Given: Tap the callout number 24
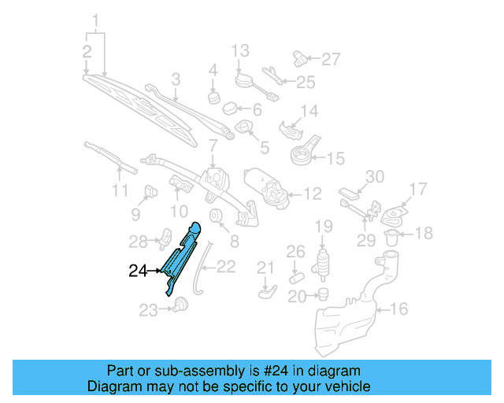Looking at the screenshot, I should tap(138, 272).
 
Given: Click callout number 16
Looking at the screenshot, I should tap(399, 309).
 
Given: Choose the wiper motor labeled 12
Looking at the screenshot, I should tap(268, 187).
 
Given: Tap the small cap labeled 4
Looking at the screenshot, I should tap(213, 97).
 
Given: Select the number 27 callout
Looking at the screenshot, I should tap(332, 58).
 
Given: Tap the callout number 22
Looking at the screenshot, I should tap(226, 267).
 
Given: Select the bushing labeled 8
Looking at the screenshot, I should tap(215, 217).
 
